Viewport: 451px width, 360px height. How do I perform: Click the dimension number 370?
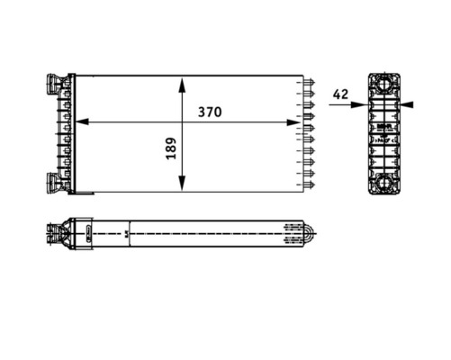click(211, 112)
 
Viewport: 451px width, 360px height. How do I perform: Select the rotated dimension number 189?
click(170, 149)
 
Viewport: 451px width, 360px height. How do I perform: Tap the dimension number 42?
click(340, 94)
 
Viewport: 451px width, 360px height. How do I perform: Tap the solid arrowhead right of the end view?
click(408, 104)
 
